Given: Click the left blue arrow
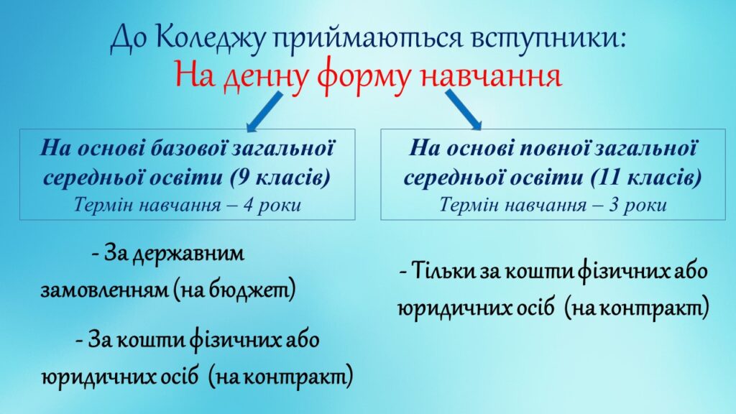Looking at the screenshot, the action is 264,111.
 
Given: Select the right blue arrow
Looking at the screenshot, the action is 464,110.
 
